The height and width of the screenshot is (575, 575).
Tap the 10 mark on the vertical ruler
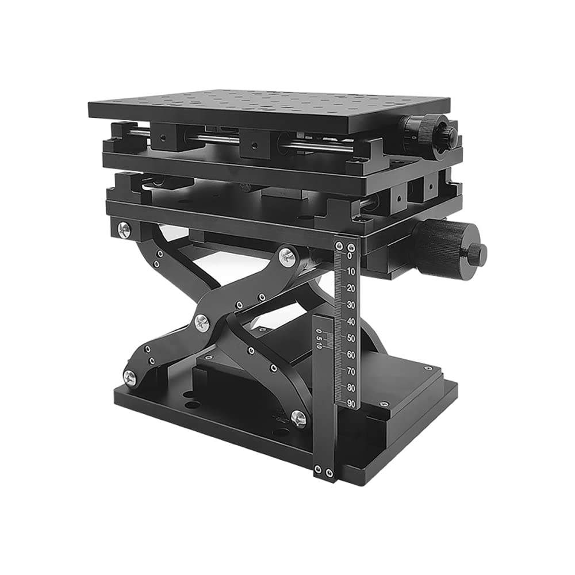coord(351,271)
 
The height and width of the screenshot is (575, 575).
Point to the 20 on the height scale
coord(351,288)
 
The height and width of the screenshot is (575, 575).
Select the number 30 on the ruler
coord(351,305)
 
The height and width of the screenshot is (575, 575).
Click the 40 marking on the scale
coord(351,321)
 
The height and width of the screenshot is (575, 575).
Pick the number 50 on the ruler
coord(351,338)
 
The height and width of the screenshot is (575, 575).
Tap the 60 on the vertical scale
coord(351,354)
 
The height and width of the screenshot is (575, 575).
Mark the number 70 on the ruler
coord(351,371)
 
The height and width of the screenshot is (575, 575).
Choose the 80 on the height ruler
coord(351,388)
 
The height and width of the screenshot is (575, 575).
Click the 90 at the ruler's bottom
coord(351,403)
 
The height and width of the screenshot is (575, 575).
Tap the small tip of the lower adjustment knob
coord(477,254)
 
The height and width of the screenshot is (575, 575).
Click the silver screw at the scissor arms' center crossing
coord(202,323)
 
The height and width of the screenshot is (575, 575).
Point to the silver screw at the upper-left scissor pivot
coord(125,229)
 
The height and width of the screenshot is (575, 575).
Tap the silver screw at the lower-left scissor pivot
coord(130,378)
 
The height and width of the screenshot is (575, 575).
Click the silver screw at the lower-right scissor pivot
coord(298,418)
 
